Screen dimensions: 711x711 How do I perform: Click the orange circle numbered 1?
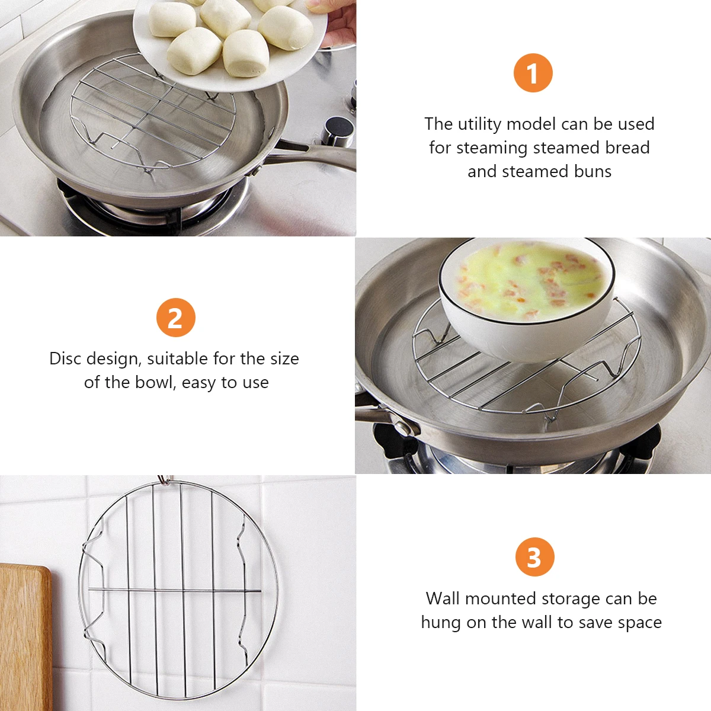point(533,73)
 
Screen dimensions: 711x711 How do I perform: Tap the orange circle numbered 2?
point(175,318)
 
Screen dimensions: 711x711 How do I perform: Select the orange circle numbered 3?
point(534,557)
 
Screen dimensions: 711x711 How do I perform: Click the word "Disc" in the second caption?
point(65,358)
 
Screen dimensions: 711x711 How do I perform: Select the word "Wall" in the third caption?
point(442,598)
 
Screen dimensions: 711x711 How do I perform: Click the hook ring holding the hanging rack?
point(165,480)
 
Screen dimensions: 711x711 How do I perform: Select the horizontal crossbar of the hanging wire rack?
point(175,592)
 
